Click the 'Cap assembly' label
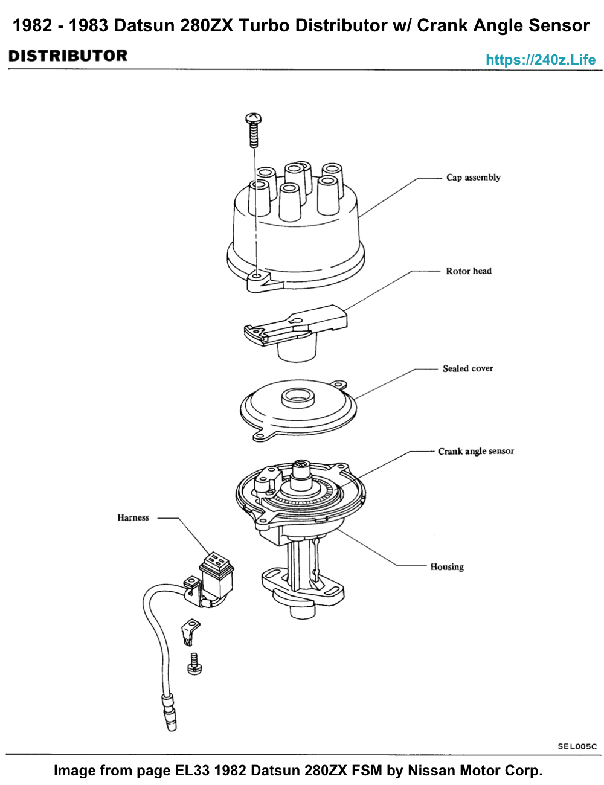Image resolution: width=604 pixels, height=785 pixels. coord(473,178)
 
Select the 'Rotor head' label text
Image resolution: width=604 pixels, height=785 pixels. coord(469,271)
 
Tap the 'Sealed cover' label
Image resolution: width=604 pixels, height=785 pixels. coord(467,368)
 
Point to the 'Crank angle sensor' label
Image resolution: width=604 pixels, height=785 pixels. coord(475,451)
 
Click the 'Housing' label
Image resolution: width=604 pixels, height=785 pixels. coord(447,566)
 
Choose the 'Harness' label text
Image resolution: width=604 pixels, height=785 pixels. coord(133,517)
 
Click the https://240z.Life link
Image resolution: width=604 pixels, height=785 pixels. coord(541,60)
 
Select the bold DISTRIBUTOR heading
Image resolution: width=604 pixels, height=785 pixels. coord(68,56)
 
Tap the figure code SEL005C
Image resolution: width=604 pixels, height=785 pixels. coord(577,746)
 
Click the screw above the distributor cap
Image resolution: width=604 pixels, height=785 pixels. coord(254,130)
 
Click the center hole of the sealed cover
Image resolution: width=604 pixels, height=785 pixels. coord(298,397)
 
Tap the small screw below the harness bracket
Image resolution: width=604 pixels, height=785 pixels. coord(194,664)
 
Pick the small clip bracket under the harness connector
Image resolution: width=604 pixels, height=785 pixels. coord(190,632)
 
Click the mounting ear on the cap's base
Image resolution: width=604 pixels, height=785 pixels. coord(259,281)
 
